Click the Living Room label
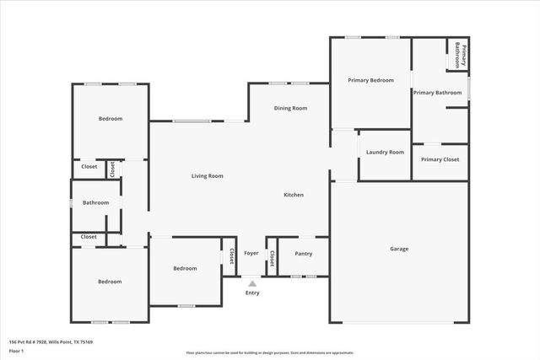207,176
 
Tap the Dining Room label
289,109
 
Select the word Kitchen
293,195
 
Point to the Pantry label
303,254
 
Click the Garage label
399,249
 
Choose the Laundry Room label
385,153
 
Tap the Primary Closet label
440,159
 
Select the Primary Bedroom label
370,80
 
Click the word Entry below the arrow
252,293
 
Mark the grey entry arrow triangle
252,283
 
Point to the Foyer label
251,253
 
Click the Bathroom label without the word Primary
95,202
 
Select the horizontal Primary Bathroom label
437,92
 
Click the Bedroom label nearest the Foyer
185,268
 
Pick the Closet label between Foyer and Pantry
272,256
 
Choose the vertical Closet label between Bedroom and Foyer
229,256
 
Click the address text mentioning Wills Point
50,342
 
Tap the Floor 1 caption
17,351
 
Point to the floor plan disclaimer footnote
269,352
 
